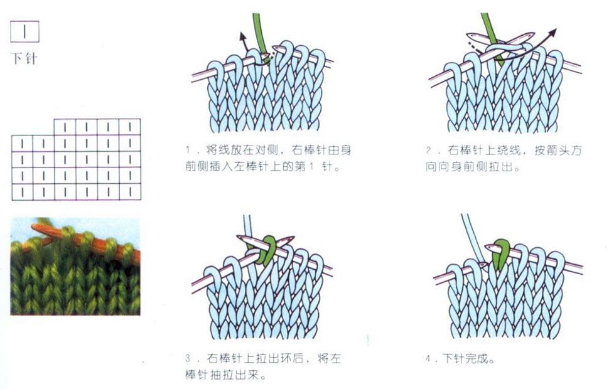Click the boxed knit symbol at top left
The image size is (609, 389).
point(24,31)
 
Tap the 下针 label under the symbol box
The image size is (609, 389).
point(24,58)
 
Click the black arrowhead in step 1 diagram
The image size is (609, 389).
point(243,36)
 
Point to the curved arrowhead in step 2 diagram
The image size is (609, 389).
point(552,33)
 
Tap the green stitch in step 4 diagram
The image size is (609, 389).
point(500,253)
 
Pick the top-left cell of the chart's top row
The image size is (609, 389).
point(65,127)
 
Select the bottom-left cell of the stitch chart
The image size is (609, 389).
point(22,192)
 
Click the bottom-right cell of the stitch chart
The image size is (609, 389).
point(130,192)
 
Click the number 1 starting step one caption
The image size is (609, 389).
point(188,150)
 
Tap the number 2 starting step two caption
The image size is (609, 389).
point(428,150)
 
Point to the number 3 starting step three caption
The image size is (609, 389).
point(188,358)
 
